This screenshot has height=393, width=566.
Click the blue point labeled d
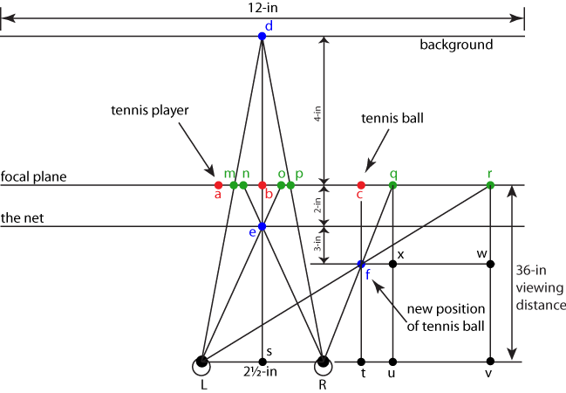point(262,36)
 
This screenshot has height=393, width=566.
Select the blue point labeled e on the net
point(262,226)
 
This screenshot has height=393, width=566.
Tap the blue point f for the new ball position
point(361,263)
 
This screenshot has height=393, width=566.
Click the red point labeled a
point(218,185)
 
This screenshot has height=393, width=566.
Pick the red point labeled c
point(361,185)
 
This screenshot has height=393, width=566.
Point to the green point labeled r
point(490,185)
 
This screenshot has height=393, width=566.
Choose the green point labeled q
point(392,185)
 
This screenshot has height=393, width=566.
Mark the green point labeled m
point(233,185)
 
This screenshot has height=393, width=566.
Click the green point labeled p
point(290,185)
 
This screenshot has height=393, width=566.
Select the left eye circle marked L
point(201,361)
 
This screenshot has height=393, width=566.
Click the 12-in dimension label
point(262,6)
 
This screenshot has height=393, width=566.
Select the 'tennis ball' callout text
point(392,117)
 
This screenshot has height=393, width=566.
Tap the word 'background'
point(456,45)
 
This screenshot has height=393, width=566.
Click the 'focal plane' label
point(34,176)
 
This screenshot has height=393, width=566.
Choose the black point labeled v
point(490,361)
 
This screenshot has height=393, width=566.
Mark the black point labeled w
point(490,263)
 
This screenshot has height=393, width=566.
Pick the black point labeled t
point(361,361)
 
